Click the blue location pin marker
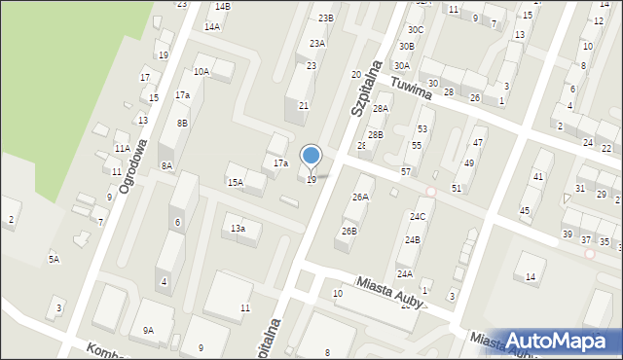click(x=311, y=157)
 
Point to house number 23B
click(x=325, y=18)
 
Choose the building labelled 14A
click(x=212, y=27)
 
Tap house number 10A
click(x=202, y=71)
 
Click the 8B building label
click(x=182, y=123)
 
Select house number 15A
click(x=235, y=182)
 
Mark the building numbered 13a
click(x=238, y=229)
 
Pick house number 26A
click(x=360, y=197)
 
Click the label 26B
click(x=348, y=231)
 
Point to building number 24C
click(x=417, y=216)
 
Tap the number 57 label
click(x=406, y=171)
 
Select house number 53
click(x=422, y=128)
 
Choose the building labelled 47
click(x=478, y=143)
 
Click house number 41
click(x=537, y=177)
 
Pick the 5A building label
click(x=54, y=260)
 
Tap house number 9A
click(x=147, y=331)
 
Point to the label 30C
click(x=416, y=30)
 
